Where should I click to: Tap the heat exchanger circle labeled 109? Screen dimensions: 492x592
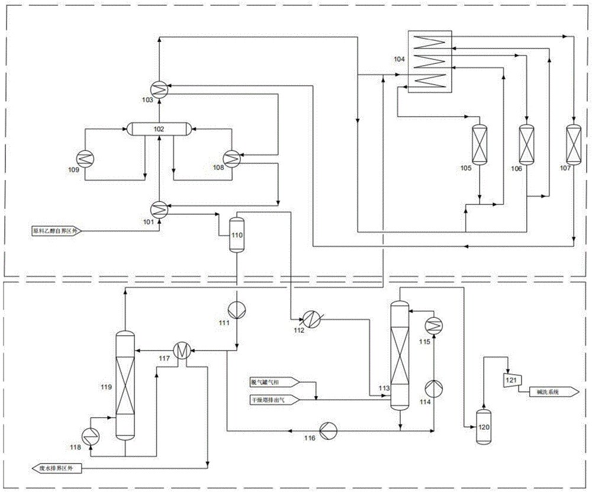point(83,157)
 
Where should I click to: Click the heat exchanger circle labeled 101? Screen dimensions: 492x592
point(159,208)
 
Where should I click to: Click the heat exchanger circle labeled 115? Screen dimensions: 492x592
point(435,322)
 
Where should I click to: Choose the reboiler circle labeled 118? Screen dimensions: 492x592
point(91,435)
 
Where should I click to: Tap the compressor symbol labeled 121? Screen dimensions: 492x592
point(510,378)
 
